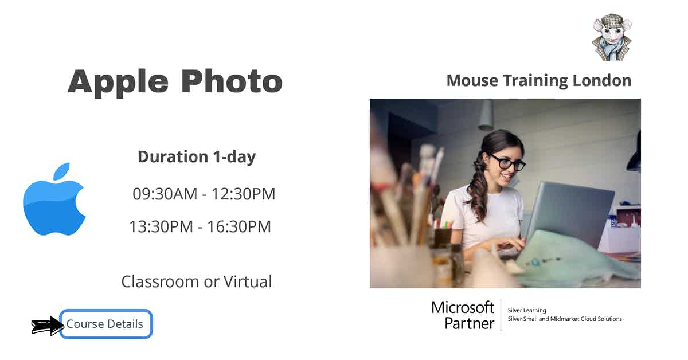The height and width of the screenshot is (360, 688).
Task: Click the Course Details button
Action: (x=106, y=324)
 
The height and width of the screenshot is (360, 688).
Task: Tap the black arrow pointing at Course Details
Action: (x=48, y=326)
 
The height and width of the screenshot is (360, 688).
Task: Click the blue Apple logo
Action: (x=54, y=199)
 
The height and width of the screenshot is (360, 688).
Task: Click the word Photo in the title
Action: (x=232, y=81)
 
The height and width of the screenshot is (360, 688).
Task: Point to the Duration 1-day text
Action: (x=197, y=157)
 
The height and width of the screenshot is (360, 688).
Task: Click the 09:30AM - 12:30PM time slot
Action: (x=204, y=194)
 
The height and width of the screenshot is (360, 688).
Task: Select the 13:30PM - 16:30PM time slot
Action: (x=200, y=227)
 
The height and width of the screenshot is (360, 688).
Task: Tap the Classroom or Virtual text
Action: (x=197, y=281)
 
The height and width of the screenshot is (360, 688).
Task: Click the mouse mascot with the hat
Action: (x=611, y=38)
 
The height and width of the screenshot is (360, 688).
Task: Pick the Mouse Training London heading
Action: (x=538, y=80)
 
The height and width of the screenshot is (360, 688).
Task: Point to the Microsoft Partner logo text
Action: (x=463, y=315)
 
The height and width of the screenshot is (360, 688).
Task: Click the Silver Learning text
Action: (x=527, y=310)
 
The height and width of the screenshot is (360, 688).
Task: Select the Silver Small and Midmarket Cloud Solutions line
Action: (x=565, y=319)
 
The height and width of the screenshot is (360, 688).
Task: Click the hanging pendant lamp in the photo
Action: (x=486, y=115)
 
